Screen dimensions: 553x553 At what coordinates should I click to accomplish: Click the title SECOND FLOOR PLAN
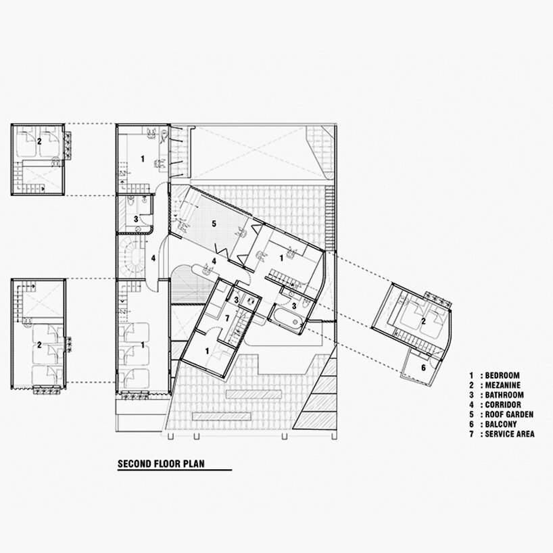(161, 463)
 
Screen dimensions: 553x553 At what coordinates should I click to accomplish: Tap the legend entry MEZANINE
(502, 385)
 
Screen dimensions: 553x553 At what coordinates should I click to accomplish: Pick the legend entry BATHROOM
(504, 395)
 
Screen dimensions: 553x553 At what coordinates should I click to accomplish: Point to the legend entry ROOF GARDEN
(509, 414)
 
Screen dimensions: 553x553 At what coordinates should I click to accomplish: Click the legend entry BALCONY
(501, 425)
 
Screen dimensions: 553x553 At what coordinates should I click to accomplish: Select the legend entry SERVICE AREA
(510, 434)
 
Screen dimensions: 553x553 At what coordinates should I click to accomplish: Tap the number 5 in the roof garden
(214, 224)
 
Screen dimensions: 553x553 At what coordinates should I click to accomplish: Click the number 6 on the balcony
(424, 368)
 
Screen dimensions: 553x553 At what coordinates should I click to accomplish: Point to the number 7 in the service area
(227, 318)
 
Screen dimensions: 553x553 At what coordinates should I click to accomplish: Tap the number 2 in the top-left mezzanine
(39, 141)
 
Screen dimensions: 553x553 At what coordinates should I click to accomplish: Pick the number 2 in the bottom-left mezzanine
(39, 345)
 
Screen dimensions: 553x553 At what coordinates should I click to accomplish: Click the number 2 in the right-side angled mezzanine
(424, 321)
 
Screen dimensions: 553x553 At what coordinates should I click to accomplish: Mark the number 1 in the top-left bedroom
(143, 159)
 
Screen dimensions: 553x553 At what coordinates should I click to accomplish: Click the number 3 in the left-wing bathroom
(136, 219)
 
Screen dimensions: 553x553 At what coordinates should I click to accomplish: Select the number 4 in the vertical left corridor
(153, 258)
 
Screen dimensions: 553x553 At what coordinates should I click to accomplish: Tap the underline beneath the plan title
(174, 470)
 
